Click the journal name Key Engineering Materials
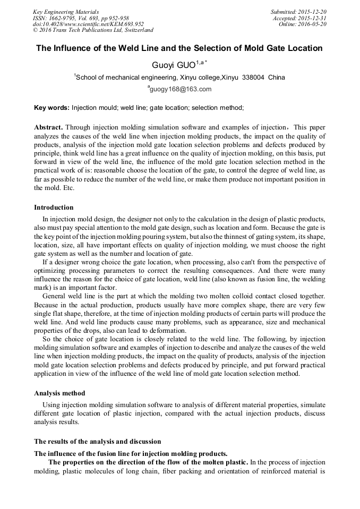click(x=65, y=12)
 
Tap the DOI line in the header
click(x=88, y=24)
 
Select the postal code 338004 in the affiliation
click(x=253, y=77)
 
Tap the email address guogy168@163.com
click(x=181, y=89)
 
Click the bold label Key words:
click(x=52, y=108)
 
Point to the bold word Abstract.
click(x=48, y=128)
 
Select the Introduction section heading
click(x=54, y=208)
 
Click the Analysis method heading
click(x=59, y=393)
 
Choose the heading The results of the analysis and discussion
click(x=97, y=442)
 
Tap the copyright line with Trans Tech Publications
click(x=93, y=31)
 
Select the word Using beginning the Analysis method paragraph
click(x=53, y=404)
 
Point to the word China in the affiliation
click(x=277, y=77)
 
